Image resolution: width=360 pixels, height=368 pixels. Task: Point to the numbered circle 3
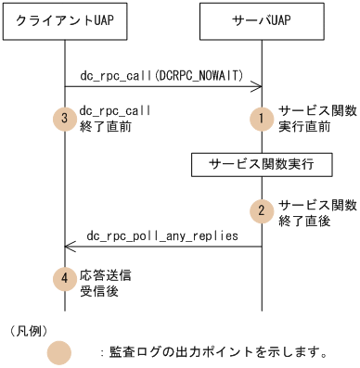coord(64,118)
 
